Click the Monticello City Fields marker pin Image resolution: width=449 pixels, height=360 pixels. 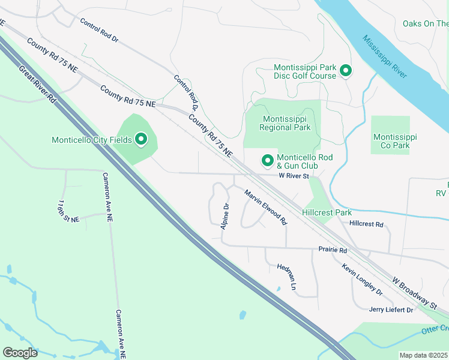click(141, 140)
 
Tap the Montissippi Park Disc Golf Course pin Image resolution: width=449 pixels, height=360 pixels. click(346, 71)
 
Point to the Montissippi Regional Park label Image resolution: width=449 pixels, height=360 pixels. click(285, 123)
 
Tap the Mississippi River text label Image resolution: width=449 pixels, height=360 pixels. click(384, 56)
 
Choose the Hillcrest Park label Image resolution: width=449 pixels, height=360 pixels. click(327, 212)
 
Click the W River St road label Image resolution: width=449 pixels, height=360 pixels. click(293, 176)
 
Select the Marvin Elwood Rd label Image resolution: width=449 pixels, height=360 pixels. click(265, 207)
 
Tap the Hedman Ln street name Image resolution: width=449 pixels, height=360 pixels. click(287, 277)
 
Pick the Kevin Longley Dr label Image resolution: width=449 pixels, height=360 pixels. click(362, 279)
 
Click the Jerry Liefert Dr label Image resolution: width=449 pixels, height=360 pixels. click(391, 310)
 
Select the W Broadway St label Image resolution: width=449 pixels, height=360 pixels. click(415, 293)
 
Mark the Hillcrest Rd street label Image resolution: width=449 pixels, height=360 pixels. click(366, 224)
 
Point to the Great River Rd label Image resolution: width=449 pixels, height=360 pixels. click(37, 85)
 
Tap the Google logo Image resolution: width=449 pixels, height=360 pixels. click(20, 353)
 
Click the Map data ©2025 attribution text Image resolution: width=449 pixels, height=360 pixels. click(423, 355)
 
